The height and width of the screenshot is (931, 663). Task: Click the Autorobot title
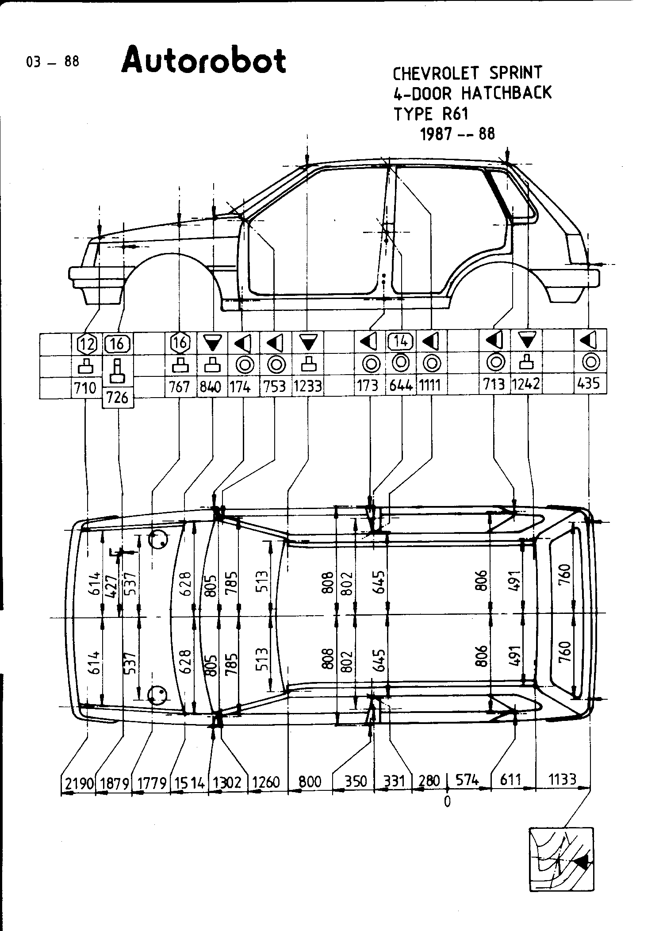[203, 61]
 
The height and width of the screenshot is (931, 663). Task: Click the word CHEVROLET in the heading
[433, 73]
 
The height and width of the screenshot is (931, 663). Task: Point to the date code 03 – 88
[53, 61]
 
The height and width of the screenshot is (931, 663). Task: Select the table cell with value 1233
[308, 386]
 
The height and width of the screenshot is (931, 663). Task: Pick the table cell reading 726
[118, 398]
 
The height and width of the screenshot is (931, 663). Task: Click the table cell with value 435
[590, 383]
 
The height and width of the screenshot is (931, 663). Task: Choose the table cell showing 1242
[526, 383]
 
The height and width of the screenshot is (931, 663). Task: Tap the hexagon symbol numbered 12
[87, 343]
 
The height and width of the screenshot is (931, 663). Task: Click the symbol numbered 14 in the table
[401, 341]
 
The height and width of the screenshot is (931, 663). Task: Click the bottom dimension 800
[310, 782]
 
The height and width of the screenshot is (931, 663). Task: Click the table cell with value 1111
[430, 386]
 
